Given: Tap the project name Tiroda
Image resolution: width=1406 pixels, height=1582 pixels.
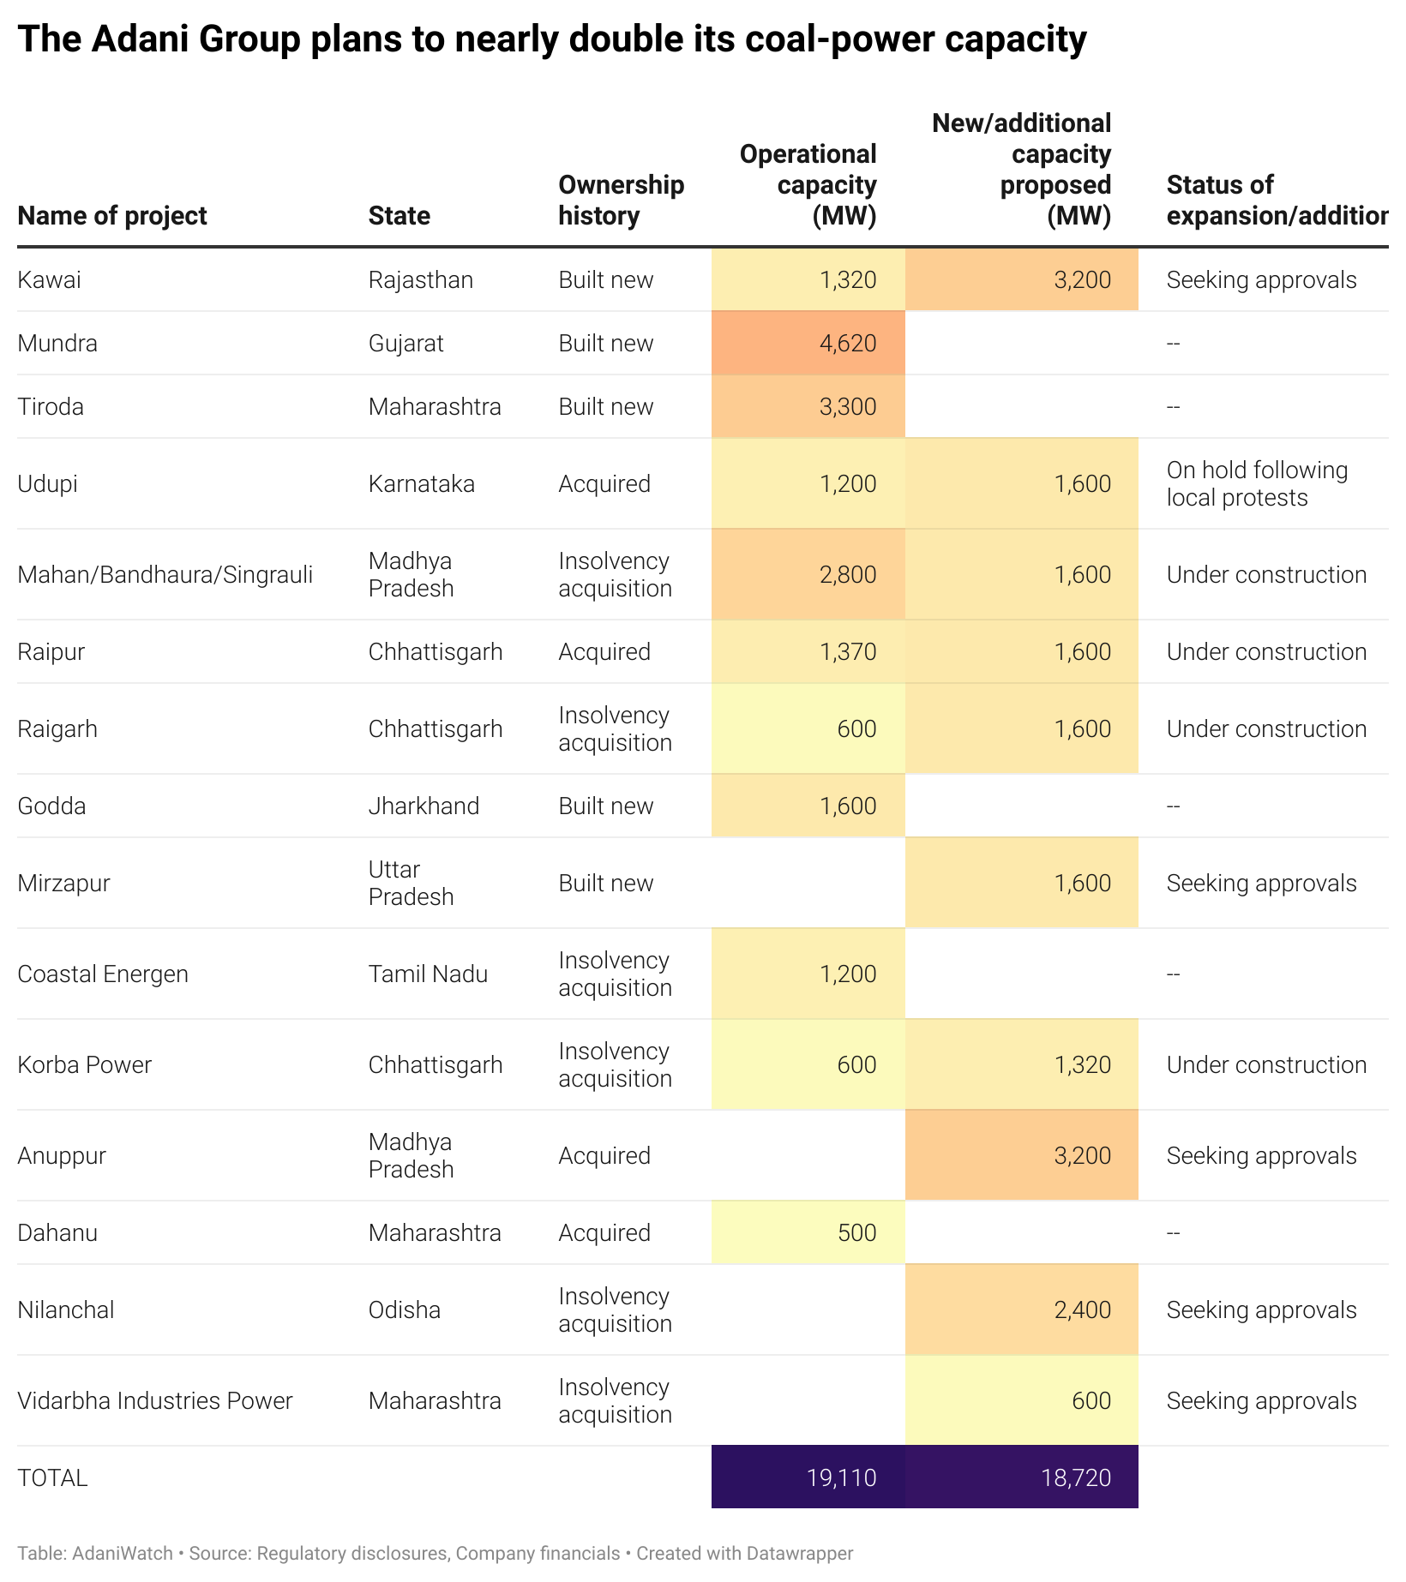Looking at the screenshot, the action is click(x=51, y=406).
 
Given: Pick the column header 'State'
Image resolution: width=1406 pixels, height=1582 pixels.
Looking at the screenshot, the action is click(x=400, y=215).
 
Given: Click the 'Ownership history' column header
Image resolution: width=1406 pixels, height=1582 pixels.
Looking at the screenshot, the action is click(x=622, y=200).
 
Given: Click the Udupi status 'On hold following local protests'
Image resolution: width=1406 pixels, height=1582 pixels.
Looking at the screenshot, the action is click(x=1257, y=483).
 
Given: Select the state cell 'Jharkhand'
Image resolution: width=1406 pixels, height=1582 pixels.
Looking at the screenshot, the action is click(x=424, y=806).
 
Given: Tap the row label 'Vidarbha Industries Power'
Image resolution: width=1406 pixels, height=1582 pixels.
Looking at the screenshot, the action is click(x=155, y=1400).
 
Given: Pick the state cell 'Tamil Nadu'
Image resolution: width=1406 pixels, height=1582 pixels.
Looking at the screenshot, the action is click(x=428, y=974).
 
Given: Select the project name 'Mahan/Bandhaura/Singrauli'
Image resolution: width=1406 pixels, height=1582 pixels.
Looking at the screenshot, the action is click(x=165, y=574).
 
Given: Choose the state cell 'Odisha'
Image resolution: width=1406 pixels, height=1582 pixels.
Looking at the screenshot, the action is click(x=405, y=1309).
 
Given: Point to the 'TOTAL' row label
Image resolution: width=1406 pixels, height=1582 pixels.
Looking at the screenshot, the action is click(x=52, y=1477).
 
